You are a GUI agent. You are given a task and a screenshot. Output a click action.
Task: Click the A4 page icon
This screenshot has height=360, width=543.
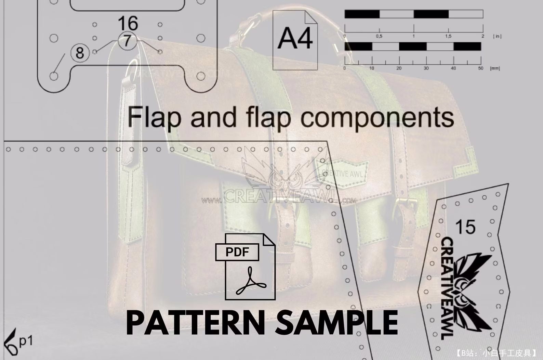click(295, 40)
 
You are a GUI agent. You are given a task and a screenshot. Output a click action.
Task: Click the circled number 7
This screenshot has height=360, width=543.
click(127, 41)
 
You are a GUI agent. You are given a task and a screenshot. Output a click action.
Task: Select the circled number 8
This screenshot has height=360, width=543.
click(80, 53)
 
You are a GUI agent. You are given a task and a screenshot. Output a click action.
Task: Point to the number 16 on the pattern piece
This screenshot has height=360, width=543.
click(128, 23)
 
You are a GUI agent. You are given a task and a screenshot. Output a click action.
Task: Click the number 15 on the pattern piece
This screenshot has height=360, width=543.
click(465, 227)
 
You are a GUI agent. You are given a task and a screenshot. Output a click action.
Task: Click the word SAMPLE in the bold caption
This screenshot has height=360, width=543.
click(337, 323)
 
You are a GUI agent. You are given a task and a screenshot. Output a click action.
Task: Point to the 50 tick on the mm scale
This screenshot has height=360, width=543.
click(480, 68)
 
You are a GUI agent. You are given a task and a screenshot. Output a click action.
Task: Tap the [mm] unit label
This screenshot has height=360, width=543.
click(495, 68)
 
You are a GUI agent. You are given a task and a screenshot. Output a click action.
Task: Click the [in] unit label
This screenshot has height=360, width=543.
click(497, 36)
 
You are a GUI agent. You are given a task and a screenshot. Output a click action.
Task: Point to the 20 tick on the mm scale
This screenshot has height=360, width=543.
click(399, 68)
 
